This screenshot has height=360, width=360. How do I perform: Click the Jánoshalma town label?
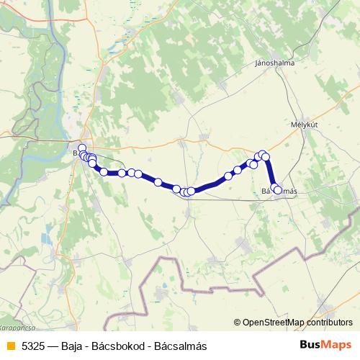pyautogui.click(x=274, y=63)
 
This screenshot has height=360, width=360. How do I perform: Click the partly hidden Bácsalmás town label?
pyautogui.click(x=279, y=190)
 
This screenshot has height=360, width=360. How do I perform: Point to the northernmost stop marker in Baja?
pyautogui.click(x=82, y=148)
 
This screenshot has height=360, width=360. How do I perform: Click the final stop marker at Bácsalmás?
pyautogui.click(x=277, y=189)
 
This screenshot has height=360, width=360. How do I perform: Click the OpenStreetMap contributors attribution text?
pyautogui.click(x=297, y=323)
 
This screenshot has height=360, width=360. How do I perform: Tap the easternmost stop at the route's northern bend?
pyautogui.click(x=265, y=156)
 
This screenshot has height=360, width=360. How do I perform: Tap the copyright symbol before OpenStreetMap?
pyautogui.click(x=238, y=323)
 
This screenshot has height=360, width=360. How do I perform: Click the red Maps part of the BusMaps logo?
pyautogui.click(x=338, y=345)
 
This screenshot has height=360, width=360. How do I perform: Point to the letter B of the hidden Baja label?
pyautogui.click(x=76, y=153)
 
